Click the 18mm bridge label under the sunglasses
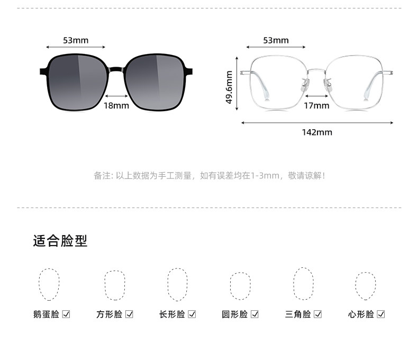[x=116, y=105]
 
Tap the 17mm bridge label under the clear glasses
[x=316, y=105]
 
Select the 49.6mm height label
[x=229, y=87]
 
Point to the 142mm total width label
[x=317, y=132]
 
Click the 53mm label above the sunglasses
[x=76, y=40]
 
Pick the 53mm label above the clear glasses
[x=276, y=40]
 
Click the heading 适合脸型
[x=60, y=241]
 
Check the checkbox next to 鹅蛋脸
[x=66, y=314]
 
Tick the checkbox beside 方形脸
[x=129, y=314]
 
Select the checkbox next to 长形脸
[x=192, y=314]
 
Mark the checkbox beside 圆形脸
[x=255, y=314]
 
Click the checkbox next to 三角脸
[x=317, y=314]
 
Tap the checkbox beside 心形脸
[x=380, y=314]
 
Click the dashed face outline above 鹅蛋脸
[x=48, y=285]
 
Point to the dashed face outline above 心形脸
[x=365, y=286]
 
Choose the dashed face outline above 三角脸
[x=303, y=284]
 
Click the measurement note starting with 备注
[x=210, y=176]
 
